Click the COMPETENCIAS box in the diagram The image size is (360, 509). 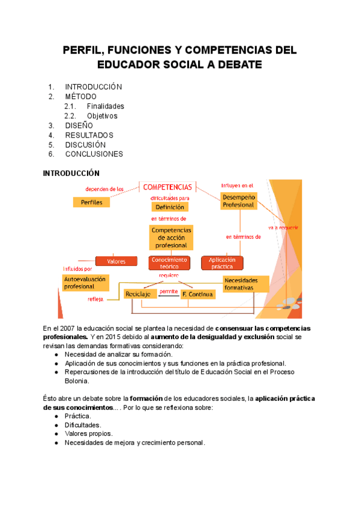[167, 187]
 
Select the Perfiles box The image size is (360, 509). [91, 202]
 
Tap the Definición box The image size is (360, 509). [170, 207]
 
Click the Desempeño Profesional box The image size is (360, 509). [238, 200]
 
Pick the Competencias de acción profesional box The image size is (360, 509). [171, 238]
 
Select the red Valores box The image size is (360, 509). [116, 261]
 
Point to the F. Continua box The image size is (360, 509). [197, 294]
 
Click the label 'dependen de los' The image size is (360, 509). [104, 189]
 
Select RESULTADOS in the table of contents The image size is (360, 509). [89, 135]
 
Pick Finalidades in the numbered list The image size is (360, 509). [105, 106]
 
